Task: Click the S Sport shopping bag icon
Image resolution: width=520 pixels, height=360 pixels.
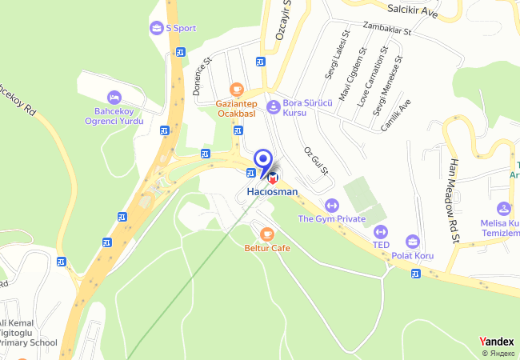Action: (155, 28)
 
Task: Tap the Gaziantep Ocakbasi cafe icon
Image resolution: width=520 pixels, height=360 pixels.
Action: (235, 89)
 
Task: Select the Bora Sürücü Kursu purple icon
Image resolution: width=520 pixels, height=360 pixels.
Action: (273, 105)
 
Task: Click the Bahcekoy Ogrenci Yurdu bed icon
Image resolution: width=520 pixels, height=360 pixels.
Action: (113, 96)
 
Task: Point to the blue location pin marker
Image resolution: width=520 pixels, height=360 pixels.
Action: (262, 158)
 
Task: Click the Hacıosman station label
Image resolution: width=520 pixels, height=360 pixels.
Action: (272, 192)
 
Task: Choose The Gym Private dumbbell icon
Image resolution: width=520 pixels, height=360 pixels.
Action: (331, 205)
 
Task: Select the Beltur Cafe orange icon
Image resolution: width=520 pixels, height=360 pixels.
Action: (266, 234)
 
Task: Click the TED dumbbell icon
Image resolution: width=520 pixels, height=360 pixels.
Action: (380, 231)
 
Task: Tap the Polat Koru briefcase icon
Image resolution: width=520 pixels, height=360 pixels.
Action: (413, 242)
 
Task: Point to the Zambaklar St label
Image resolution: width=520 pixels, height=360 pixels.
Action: (385, 30)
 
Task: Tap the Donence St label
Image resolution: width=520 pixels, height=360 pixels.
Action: (201, 76)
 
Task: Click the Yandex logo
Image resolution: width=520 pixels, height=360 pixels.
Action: (496, 342)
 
